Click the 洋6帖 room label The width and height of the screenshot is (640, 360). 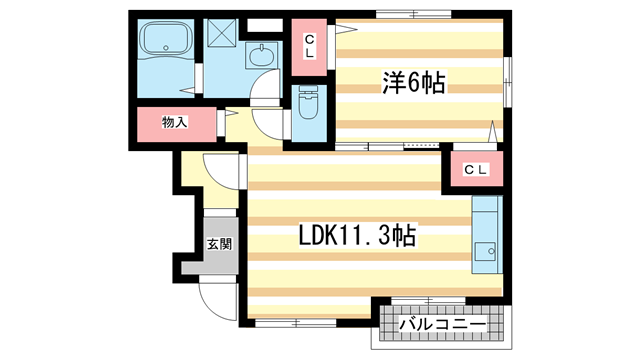[x=412, y=84]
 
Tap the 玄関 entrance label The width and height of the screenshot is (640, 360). [x=219, y=243]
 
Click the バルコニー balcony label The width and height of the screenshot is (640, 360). [x=443, y=325]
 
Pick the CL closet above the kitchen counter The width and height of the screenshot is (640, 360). [x=475, y=170]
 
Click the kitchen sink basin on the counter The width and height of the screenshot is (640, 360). [x=486, y=251]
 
